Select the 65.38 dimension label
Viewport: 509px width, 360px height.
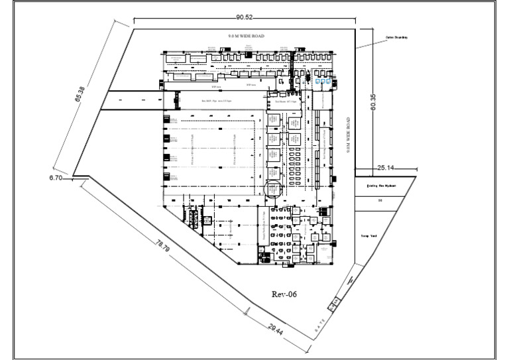(79, 96)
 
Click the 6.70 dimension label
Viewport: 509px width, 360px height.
(56, 178)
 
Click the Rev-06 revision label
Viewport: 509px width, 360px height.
(286, 293)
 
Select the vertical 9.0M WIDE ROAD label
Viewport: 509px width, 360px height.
(349, 137)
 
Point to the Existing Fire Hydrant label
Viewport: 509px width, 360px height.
(381, 186)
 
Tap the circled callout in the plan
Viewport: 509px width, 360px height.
(273, 189)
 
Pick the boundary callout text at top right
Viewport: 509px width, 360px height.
(396, 38)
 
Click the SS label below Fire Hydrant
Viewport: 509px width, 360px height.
(380, 200)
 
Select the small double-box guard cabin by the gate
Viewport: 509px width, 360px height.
(333, 304)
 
